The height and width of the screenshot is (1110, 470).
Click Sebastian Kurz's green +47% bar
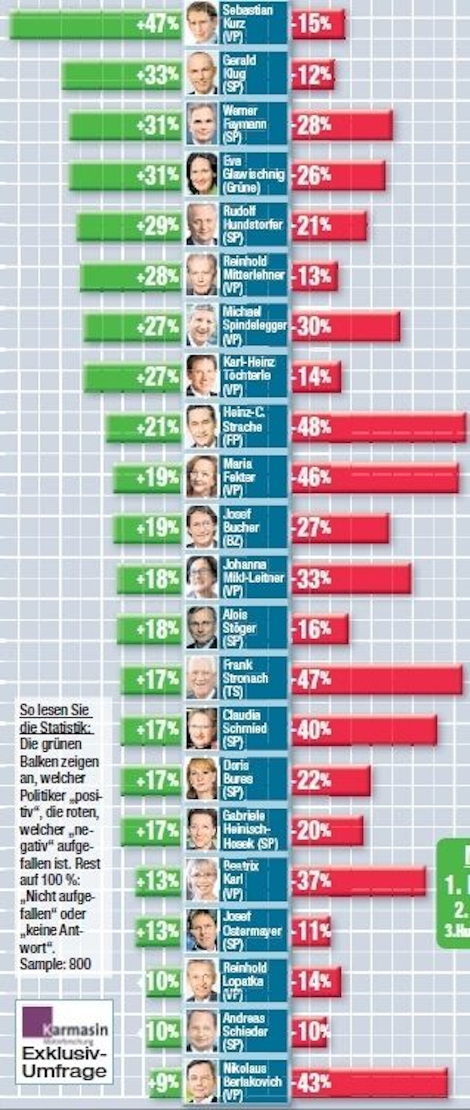[x=94, y=24]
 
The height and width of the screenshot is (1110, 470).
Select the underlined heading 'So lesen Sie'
[x=54, y=710]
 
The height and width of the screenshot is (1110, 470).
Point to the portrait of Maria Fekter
[x=201, y=477]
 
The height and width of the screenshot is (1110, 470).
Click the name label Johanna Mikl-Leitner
[x=253, y=577]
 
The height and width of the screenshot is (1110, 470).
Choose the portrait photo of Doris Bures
[x=201, y=779]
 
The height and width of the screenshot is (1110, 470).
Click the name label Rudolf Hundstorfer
[x=253, y=225]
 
